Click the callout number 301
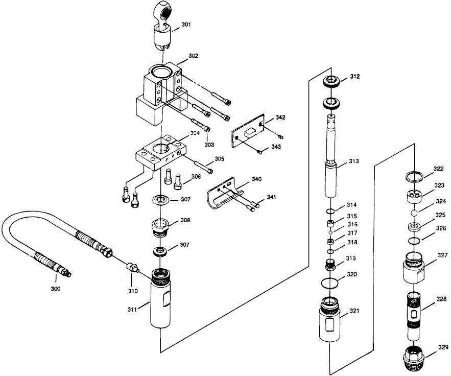pyautogui.click(x=186, y=25)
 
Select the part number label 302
pyautogui.click(x=193, y=56)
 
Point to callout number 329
pyautogui.click(x=443, y=347)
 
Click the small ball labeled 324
pyautogui.click(x=415, y=210)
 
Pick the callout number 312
pyautogui.click(x=355, y=77)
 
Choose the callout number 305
pyautogui.click(x=219, y=159)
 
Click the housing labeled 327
pyautogui.click(x=415, y=267)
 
